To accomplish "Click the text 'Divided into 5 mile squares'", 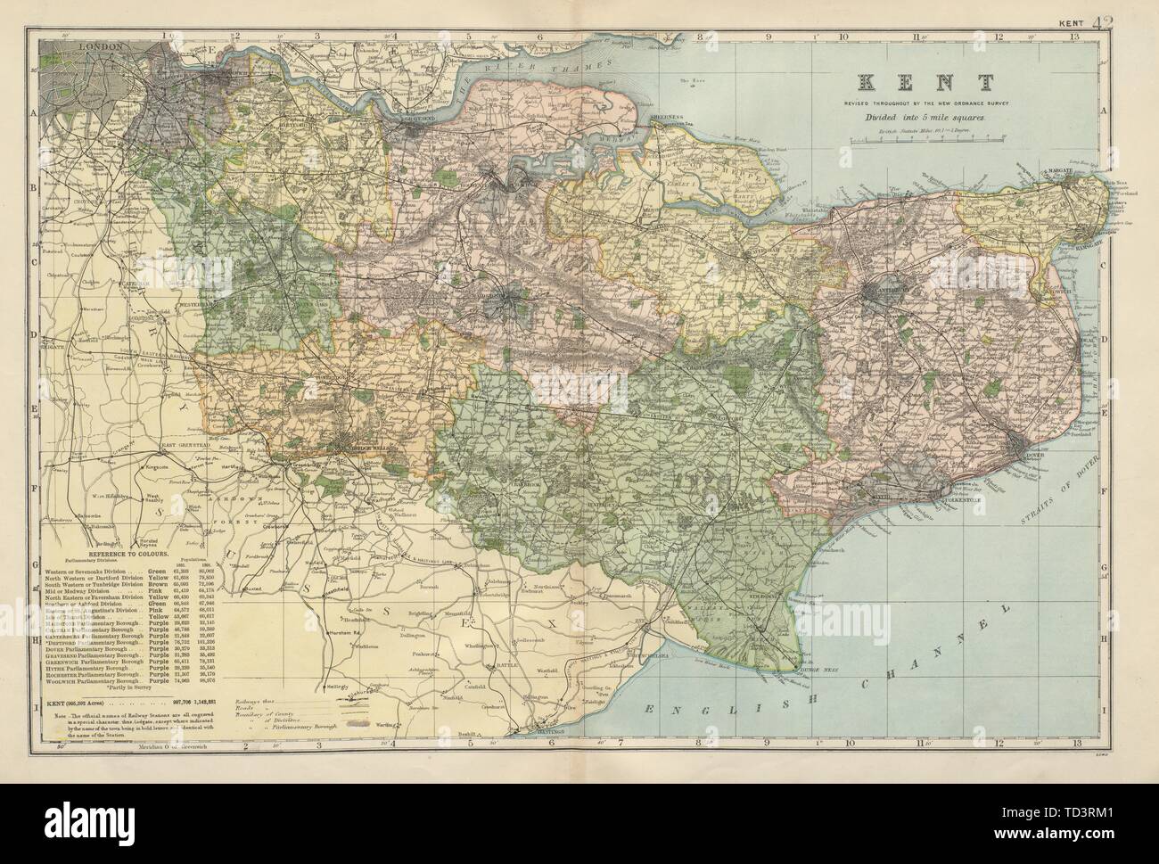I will (x=926, y=117).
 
